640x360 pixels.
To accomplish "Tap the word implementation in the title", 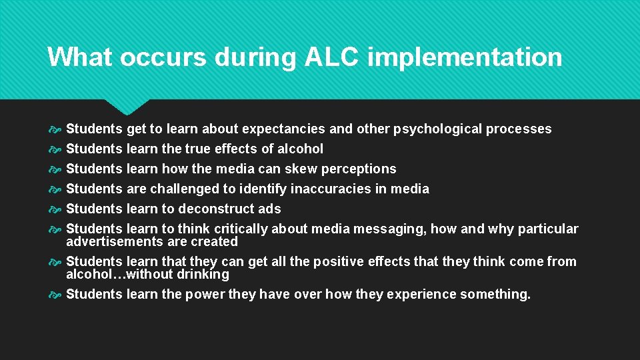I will coord(465,57).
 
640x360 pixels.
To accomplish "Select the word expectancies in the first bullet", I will coord(283,129).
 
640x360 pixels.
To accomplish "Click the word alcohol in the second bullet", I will coord(301,149).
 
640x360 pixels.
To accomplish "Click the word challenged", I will coord(185,189).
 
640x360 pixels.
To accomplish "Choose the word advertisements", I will coord(111,241).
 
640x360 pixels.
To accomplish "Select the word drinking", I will coord(203,274).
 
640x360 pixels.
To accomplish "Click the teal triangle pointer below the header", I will coord(127,106).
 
